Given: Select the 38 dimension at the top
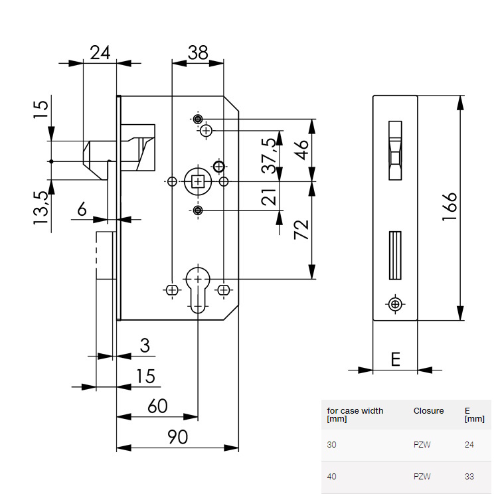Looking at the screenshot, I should coord(197,52).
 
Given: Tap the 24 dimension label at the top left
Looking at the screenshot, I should coord(100,52).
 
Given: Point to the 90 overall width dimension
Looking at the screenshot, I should coord(177,436).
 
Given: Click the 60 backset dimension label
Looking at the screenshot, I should coord(157,406).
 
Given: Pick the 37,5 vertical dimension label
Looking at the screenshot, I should coord(268,156).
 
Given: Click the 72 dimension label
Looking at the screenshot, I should coord(302,230).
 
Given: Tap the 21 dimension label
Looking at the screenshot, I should coord(268,197).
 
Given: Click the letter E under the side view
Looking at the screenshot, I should coord(395,359).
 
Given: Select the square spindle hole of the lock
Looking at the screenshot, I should coord(198,181).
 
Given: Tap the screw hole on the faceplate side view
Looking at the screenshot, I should coord(396,304).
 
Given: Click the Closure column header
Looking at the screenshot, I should coord(428,411).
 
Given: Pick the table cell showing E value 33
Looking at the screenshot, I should coord(469,477).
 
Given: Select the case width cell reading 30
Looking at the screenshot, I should coord(332,445).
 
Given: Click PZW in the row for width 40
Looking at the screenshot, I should coord(422,477).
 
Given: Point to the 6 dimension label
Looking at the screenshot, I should coord(82,210).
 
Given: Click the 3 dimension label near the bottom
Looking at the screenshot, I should coord(145,346).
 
